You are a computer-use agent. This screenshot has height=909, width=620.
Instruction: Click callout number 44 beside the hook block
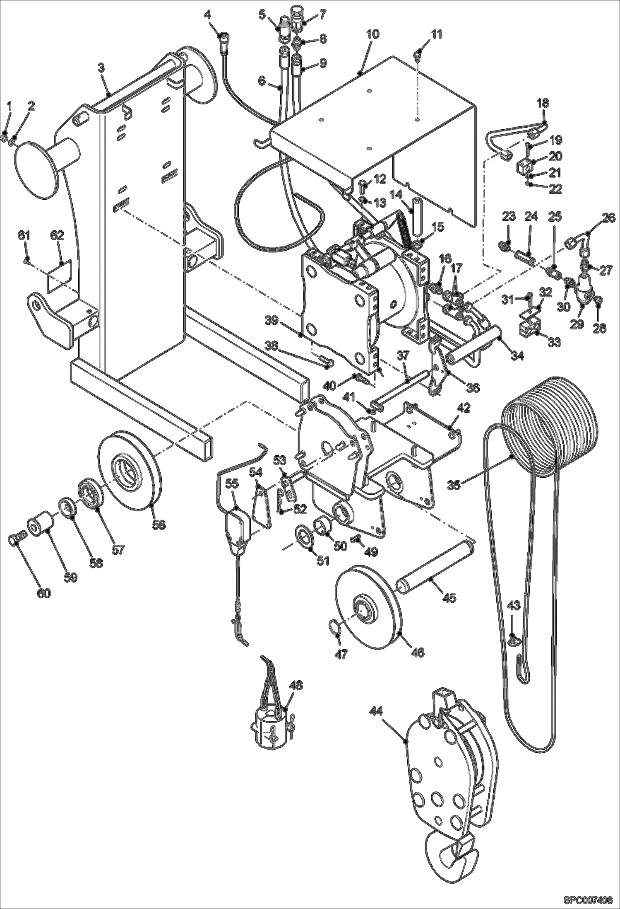click(x=376, y=710)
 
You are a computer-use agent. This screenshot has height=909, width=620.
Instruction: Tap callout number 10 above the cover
click(x=372, y=34)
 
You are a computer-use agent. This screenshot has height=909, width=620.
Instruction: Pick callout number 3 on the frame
click(x=101, y=69)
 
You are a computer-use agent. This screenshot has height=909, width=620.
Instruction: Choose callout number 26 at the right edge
click(x=608, y=218)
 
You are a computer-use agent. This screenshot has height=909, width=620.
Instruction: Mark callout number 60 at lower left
click(x=44, y=593)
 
